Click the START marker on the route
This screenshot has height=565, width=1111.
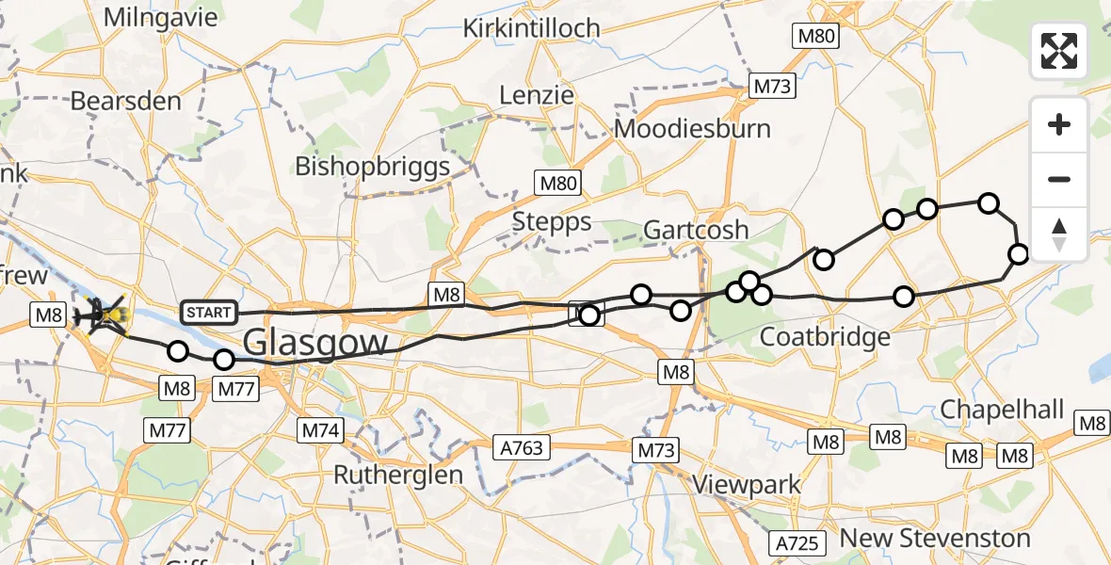click(x=208, y=312)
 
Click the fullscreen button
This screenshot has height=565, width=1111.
click(x=1059, y=51)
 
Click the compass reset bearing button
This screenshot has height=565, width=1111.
click(x=1059, y=234)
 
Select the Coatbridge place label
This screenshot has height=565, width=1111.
click(x=825, y=337)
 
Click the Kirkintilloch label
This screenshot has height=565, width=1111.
click(x=531, y=29)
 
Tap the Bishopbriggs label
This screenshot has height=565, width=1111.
click(x=373, y=167)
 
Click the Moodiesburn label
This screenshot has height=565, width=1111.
click(x=692, y=129)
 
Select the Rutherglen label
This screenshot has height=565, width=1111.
click(x=398, y=475)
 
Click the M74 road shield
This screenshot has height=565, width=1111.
click(x=321, y=430)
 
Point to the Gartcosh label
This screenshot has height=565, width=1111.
click(x=696, y=230)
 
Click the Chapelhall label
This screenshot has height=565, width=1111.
click(x=1002, y=411)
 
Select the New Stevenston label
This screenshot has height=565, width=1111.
click(x=935, y=539)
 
